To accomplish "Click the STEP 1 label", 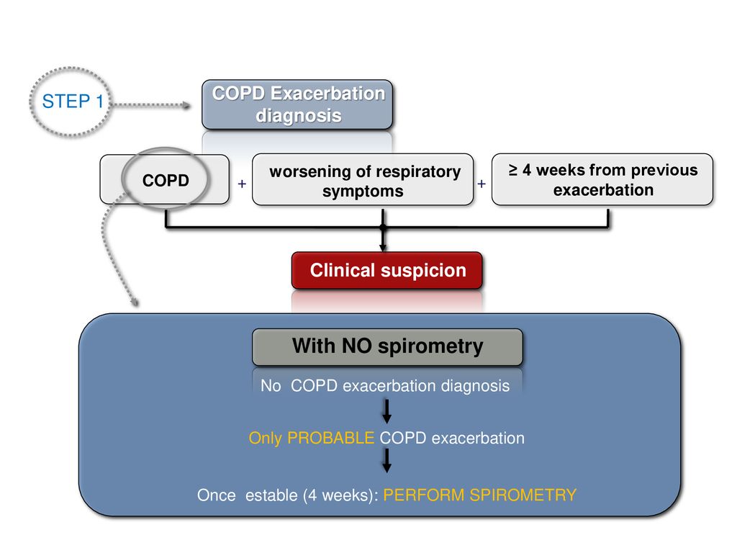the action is coord(73,102).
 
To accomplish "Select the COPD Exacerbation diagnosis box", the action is coord(297,104).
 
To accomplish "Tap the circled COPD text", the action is coord(166,180).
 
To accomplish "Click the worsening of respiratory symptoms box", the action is coord(363,179).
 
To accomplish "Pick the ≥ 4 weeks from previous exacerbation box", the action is coord(602,179).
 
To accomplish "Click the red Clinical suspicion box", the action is coord(386,271).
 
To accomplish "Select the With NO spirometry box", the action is coord(387,346).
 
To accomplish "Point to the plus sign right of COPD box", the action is coord(242,184).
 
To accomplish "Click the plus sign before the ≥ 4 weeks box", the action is coord(481,184).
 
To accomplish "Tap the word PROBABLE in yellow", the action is coord(330,438).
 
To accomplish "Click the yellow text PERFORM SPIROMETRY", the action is coord(479,495).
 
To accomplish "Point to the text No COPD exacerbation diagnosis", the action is coord(385,386).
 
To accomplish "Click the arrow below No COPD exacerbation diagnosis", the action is coord(386,411).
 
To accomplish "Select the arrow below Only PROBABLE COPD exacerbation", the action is coord(386,460).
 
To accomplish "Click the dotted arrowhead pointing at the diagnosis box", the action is coord(186,105).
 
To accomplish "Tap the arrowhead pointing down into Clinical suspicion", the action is coord(383,248).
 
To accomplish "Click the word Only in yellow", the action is coord(265,439).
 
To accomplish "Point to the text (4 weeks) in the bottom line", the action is coord(340,495).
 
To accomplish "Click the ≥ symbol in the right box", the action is coord(512,170).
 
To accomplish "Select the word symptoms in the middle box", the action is coord(363,192).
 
